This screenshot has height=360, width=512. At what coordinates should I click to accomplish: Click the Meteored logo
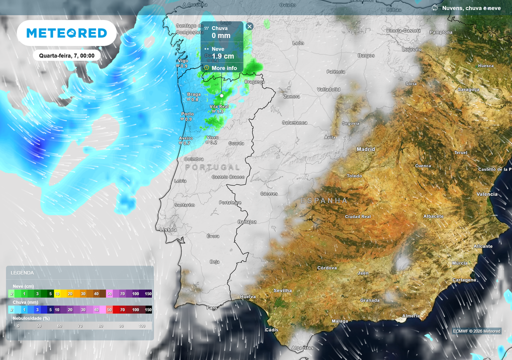(x=66, y=33)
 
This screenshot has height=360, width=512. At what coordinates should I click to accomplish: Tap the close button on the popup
(x=249, y=26)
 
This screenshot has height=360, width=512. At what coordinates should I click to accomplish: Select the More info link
(x=224, y=68)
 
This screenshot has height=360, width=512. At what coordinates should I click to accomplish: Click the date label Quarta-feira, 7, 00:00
(x=66, y=55)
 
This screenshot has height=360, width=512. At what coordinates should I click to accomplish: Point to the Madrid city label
(x=365, y=149)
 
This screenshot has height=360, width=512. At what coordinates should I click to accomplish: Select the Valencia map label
(x=487, y=194)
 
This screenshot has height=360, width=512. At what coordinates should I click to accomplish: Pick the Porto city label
(x=187, y=114)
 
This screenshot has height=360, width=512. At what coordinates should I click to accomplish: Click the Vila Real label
(x=219, y=106)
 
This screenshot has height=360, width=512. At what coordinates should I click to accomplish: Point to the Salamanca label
(x=294, y=122)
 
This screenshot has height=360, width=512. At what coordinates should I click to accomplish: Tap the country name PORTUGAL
(x=212, y=167)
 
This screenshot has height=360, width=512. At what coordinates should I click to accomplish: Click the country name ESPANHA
(x=324, y=200)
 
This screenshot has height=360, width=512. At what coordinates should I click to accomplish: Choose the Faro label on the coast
(x=212, y=308)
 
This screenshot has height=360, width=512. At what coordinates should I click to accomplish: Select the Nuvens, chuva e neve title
(x=471, y=8)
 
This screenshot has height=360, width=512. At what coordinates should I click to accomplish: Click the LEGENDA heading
(x=22, y=273)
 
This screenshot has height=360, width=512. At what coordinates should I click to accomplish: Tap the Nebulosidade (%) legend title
(x=31, y=317)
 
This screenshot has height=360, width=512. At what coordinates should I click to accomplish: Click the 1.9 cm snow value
(x=222, y=56)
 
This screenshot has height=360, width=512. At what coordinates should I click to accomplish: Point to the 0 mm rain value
(x=220, y=35)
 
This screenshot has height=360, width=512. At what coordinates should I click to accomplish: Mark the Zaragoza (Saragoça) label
(x=468, y=89)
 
